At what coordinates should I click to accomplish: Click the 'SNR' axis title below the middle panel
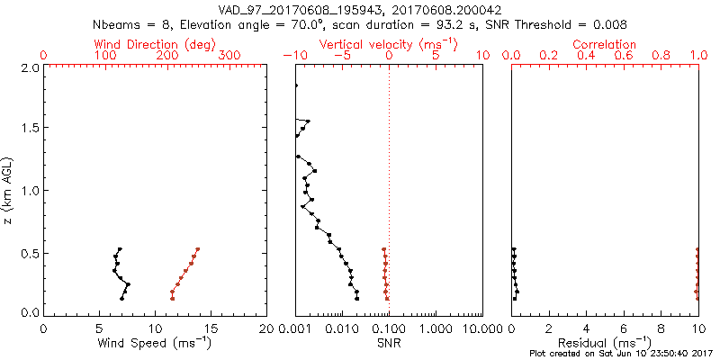coord(389,342)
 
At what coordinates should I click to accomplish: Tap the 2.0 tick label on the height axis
coord(30,67)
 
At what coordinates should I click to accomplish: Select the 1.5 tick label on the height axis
coord(30,129)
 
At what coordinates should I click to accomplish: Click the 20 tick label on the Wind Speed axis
coord(266,327)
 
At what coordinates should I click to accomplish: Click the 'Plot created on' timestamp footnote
coord(620,353)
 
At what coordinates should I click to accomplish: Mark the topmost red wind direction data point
coord(197,249)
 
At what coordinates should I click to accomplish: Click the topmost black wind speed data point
coord(120,249)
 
